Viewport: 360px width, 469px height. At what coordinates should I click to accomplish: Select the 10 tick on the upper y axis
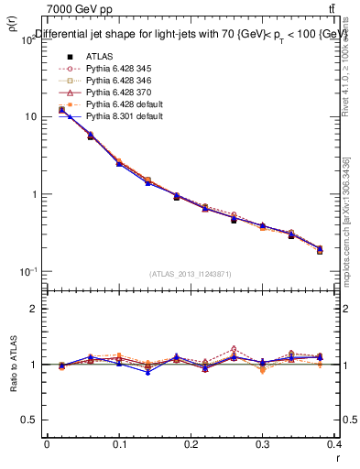33,117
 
